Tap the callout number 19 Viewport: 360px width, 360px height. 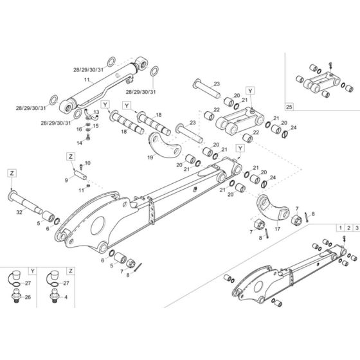tap(149, 156)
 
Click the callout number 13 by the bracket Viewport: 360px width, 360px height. tap(97, 112)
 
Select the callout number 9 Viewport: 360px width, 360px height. tap(66, 181)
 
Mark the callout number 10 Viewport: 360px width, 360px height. tap(88, 163)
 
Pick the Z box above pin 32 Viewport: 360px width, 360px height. tap(12, 172)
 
